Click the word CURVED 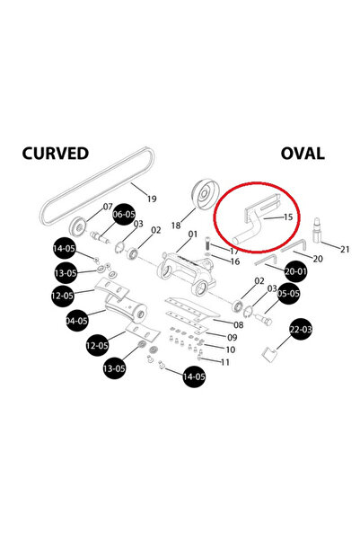[x=56, y=154]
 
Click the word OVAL [x=303, y=154]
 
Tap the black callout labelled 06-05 [x=124, y=214]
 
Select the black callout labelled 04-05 [x=77, y=321]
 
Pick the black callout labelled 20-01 [x=295, y=271]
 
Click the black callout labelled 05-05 [x=288, y=294]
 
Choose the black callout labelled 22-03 [x=301, y=329]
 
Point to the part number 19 [x=152, y=199]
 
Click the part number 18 [x=176, y=226]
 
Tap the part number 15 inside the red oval [x=287, y=217]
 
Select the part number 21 [x=345, y=249]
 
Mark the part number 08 [x=239, y=324]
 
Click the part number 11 [x=225, y=362]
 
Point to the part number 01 [x=193, y=235]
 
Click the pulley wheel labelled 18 [x=205, y=195]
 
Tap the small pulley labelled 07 [x=79, y=226]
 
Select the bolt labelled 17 [x=207, y=246]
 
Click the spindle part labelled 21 [x=317, y=229]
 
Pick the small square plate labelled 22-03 [x=269, y=355]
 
